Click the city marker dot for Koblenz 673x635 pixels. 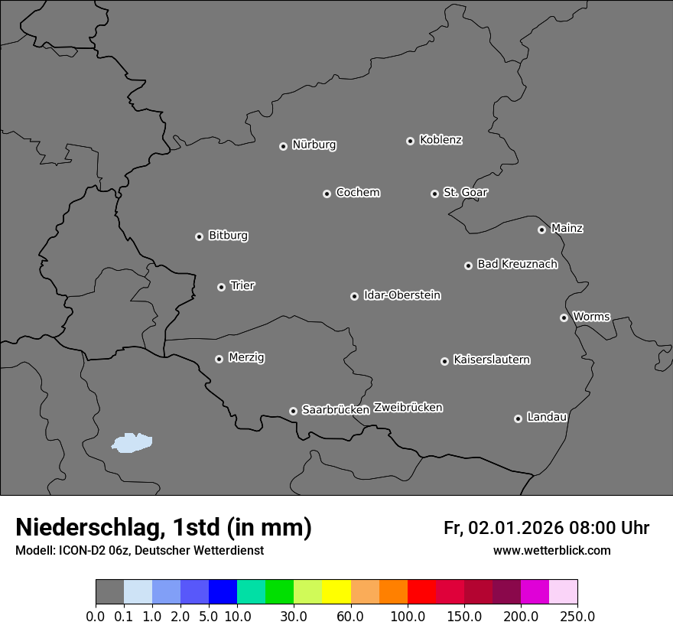pos(410,141)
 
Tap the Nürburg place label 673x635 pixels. pos(314,145)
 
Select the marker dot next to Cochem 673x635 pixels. pos(327,194)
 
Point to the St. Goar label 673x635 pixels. pos(465,192)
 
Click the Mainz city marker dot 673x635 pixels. pos(541,230)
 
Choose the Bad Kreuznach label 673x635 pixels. pos(517,264)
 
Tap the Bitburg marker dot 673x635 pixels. pos(199,236)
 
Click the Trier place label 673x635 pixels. pos(242,285)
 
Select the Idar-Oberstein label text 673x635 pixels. pos(402,295)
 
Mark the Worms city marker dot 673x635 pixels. pos(564,317)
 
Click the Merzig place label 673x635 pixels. pos(246,357)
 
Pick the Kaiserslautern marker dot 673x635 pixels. pos(444,361)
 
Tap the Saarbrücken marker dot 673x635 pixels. pos(293,411)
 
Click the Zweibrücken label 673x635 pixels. pos(408,407)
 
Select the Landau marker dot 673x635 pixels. pos(518,418)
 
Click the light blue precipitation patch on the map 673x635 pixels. pos(132,442)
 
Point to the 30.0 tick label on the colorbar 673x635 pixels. pos(294,616)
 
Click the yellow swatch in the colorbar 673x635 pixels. pos(336,592)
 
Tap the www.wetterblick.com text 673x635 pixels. pos(551,550)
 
